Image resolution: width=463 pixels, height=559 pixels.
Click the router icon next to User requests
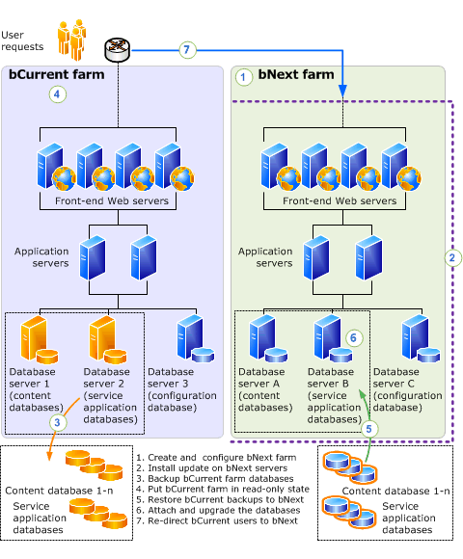[118, 49]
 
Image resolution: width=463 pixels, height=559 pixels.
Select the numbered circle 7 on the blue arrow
[188, 50]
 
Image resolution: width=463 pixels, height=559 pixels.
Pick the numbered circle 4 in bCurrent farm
[58, 94]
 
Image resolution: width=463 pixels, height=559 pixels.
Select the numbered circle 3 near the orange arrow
[59, 421]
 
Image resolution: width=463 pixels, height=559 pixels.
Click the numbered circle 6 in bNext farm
[354, 337]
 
